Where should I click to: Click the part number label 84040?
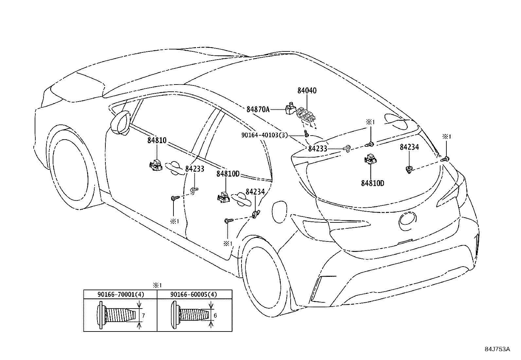307,91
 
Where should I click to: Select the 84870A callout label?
258,109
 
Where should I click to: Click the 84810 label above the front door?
157,141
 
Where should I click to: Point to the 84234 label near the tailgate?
409,147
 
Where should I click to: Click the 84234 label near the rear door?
255,192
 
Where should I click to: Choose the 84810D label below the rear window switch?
372,183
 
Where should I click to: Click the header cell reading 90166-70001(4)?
120,294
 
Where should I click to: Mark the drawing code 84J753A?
497,349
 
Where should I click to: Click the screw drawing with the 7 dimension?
118,315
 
